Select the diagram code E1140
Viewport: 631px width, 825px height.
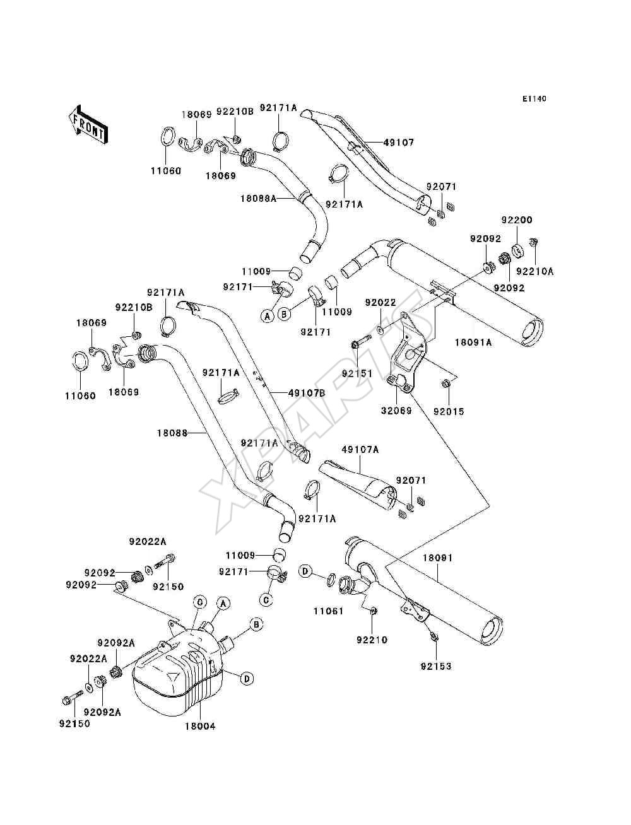click(534, 99)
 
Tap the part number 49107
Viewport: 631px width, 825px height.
click(399, 143)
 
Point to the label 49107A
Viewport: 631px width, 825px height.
click(360, 450)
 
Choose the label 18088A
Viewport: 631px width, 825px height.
click(258, 198)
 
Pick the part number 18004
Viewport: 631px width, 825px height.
click(200, 726)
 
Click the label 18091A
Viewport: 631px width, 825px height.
click(473, 342)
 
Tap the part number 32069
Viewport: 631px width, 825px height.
click(396, 411)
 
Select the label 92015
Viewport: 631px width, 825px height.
click(449, 412)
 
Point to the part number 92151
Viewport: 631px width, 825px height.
click(357, 373)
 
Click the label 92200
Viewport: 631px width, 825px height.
click(516, 219)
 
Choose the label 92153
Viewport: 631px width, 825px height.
click(436, 666)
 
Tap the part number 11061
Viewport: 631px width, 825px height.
click(329, 611)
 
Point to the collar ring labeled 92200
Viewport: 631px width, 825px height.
click(518, 250)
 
